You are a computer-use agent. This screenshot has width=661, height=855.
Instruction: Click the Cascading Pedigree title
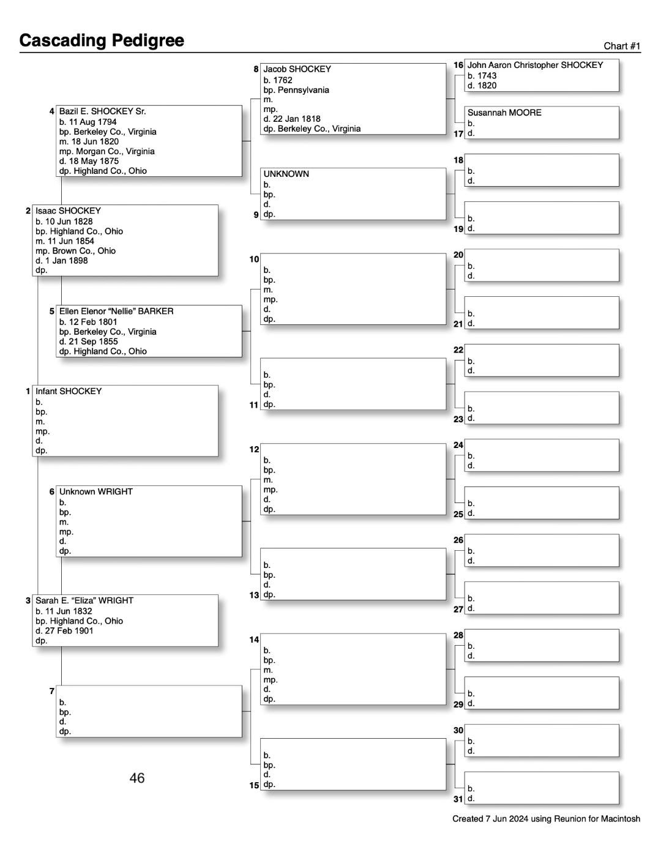(102, 40)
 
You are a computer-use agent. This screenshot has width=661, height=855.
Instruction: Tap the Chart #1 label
(622, 46)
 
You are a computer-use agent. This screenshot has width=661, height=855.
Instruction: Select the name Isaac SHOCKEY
(68, 211)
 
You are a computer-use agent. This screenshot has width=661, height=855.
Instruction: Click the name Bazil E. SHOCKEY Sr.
(102, 111)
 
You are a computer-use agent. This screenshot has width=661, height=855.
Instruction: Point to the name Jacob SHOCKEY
(297, 69)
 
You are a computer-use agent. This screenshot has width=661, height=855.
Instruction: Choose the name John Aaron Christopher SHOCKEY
(535, 65)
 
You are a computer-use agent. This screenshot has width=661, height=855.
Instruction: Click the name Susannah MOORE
(504, 113)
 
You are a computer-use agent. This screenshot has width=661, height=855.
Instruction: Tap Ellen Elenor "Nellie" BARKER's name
(116, 311)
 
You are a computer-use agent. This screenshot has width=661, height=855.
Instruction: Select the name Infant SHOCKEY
(69, 391)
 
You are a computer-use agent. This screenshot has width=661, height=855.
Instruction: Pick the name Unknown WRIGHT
(95, 491)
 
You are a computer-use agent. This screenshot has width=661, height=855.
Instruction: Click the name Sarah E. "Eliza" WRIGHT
(84, 600)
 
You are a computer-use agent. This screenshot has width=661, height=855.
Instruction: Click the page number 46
(137, 778)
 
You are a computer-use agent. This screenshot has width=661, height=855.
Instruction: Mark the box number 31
(458, 799)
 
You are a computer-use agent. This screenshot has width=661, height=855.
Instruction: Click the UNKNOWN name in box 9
(286, 174)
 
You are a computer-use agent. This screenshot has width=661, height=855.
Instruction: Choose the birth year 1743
(487, 76)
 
